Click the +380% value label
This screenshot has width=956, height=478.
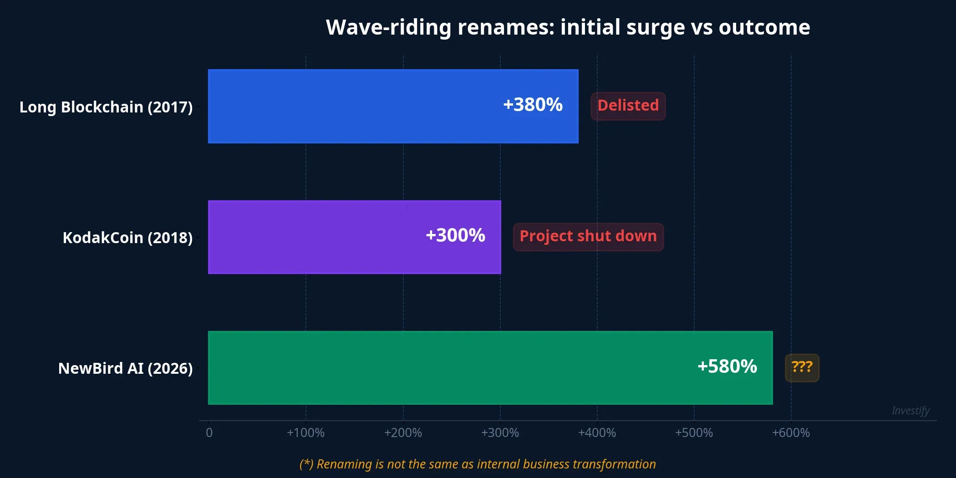533,105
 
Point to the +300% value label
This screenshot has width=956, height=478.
455,235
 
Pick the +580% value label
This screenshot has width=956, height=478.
727,366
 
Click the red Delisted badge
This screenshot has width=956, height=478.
628,106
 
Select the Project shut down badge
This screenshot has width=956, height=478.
588,236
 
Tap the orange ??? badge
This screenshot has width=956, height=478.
802,367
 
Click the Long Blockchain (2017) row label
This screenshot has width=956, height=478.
106,107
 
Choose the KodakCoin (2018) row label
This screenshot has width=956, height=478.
127,238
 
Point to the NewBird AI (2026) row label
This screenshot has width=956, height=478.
126,368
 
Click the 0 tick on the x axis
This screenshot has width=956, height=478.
209,432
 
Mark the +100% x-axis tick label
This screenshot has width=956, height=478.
305,432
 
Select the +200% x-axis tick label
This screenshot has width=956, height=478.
403,432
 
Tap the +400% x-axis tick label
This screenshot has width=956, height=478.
597,432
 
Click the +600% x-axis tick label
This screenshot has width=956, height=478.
791,432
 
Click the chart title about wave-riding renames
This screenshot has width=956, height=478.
568,27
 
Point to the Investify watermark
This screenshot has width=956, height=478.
910,411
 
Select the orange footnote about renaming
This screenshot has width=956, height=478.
478,464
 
